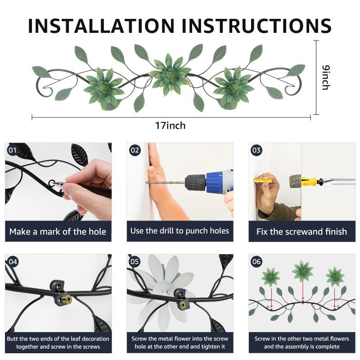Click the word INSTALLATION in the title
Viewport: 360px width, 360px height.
pos(101,26)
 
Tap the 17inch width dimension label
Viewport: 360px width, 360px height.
pos(170,126)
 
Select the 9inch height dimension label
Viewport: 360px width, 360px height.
pos(326,77)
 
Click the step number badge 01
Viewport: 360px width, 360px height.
pos(13,150)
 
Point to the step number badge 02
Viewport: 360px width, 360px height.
pos(135,150)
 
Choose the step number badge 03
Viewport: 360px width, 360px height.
pos(256,150)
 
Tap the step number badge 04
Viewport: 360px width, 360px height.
pos(13,262)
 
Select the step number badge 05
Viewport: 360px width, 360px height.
pos(135,262)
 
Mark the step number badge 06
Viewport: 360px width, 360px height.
pos(256,262)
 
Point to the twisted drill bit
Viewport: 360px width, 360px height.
pos(165,183)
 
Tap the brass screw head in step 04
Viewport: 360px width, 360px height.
pos(67,299)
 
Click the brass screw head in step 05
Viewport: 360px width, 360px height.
pos(183,305)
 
